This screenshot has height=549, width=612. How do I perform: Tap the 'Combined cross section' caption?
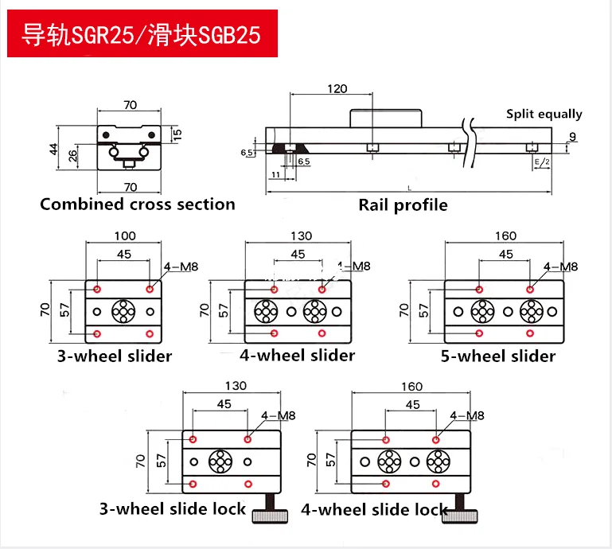138,204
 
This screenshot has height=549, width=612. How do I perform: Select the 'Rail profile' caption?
403,205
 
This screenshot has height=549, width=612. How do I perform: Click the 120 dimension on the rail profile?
337,88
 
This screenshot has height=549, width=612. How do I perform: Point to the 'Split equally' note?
544,115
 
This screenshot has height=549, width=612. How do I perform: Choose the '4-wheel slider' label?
297,355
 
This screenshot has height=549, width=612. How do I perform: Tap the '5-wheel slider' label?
498,356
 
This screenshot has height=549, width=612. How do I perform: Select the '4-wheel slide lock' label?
374,508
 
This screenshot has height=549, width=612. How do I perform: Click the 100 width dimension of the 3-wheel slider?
125,236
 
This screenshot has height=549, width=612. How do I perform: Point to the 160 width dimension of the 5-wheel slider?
505,236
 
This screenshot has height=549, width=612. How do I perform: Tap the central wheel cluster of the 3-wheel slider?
123,310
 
